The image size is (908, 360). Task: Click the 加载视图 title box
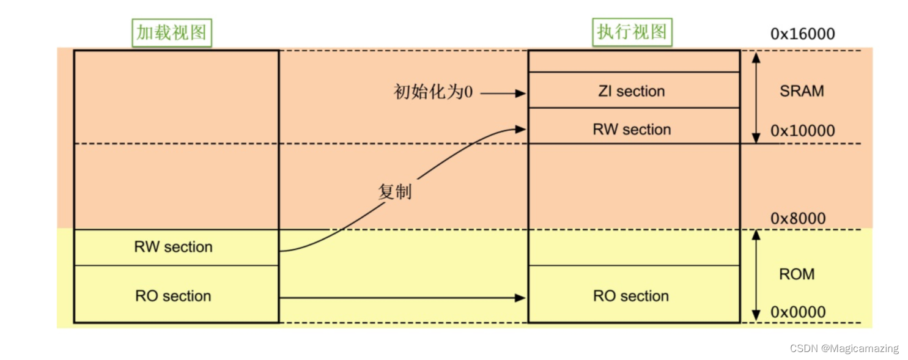172,32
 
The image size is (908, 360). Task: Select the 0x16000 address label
802,34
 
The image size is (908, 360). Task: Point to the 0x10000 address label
802,131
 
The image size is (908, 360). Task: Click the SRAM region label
802,91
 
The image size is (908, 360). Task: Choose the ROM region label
797,274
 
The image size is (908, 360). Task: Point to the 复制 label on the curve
394,191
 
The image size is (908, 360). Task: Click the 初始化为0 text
432,93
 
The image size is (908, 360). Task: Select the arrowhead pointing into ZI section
520,94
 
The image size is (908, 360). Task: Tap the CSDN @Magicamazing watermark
844,348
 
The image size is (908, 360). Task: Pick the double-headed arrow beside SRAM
756,97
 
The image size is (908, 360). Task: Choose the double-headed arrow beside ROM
756,275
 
